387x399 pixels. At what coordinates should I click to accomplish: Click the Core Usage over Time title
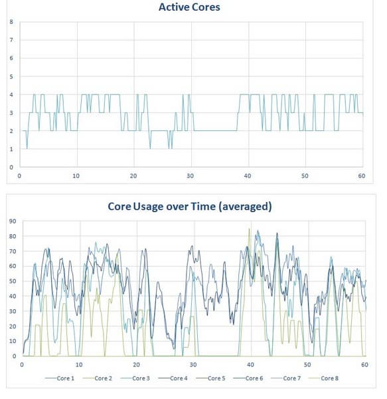tap(190, 206)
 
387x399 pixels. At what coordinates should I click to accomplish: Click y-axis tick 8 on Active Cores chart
tap(11, 22)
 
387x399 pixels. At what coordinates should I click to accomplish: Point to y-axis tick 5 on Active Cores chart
tap(11, 76)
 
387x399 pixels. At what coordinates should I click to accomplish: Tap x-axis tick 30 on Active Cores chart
tap(191, 176)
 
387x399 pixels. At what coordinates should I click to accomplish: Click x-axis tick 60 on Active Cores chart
tap(362, 176)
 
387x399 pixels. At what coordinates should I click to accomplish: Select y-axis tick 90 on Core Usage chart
tap(12, 221)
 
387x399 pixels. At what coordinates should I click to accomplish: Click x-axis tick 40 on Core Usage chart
tap(250, 365)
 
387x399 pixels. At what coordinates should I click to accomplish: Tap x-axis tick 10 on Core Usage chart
tap(78, 365)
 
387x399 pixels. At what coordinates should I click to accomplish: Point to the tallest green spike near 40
tap(249, 230)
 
